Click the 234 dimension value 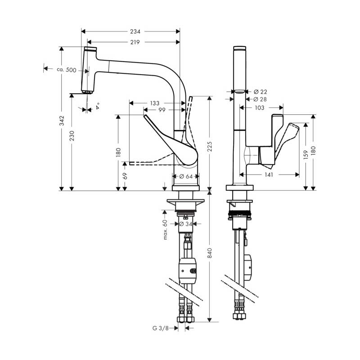pyautogui.click(x=135, y=31)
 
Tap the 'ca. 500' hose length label pyautogui.click(x=67, y=70)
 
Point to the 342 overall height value pyautogui.click(x=62, y=121)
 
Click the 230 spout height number pyautogui.click(x=72, y=136)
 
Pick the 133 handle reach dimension pyautogui.click(x=155, y=103)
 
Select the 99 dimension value pyautogui.click(x=162, y=110)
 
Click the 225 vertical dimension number pyautogui.click(x=210, y=147)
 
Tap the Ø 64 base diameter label pyautogui.click(x=186, y=176)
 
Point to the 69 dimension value pyautogui.click(x=125, y=176)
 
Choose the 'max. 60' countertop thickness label pyautogui.click(x=165, y=229)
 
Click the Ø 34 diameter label pyautogui.click(x=185, y=224)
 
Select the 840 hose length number pyautogui.click(x=210, y=253)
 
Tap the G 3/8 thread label pyautogui.click(x=161, y=328)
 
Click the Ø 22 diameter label pyautogui.click(x=261, y=92)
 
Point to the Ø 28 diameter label pyautogui.click(x=260, y=99)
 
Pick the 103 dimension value pyautogui.click(x=260, y=108)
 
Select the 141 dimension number pyautogui.click(x=269, y=175)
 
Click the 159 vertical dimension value pyautogui.click(x=306, y=155)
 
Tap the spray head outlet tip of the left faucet pyautogui.click(x=87, y=93)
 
